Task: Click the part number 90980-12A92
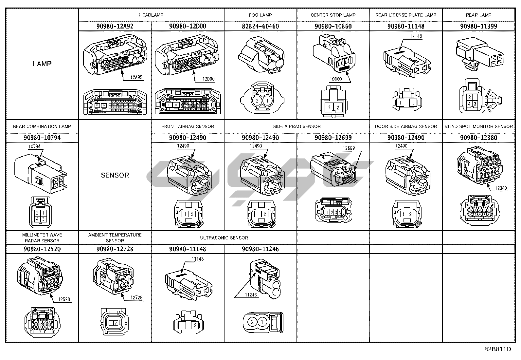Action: (115, 26)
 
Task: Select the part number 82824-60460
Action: (260, 26)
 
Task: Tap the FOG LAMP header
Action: (260, 15)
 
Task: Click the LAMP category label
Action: (42, 64)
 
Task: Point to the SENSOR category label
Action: (115, 175)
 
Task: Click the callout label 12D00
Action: (208, 79)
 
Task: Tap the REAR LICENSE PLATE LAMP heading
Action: (406, 15)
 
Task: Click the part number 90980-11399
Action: (478, 26)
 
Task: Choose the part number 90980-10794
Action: (42, 138)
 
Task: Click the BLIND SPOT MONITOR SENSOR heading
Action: (478, 126)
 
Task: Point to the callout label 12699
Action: (349, 148)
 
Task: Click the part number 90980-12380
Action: (478, 138)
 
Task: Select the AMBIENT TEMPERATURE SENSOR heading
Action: (115, 237)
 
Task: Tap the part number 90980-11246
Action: (260, 249)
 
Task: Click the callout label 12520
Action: (64, 299)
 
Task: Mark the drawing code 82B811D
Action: (497, 349)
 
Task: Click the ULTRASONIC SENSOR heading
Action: (224, 238)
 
